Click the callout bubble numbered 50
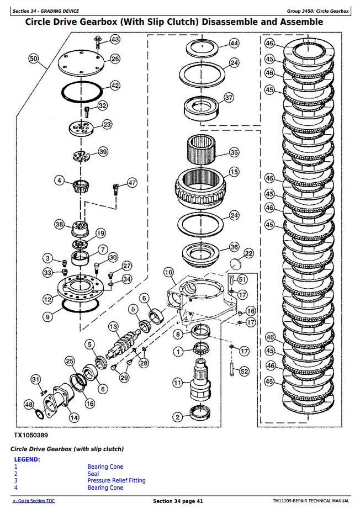pos(34,59)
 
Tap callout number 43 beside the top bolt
pos(115,40)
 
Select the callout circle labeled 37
pos(229,97)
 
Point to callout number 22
pos(248,253)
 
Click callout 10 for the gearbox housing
pos(168,272)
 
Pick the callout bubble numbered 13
pos(113,326)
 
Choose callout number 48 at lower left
pos(29,404)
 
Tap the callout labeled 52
pos(244,372)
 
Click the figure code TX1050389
pos(30,435)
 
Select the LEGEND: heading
pos(27,459)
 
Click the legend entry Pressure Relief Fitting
pos(117,480)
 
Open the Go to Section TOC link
pos(34,501)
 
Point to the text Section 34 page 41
pos(178,501)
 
